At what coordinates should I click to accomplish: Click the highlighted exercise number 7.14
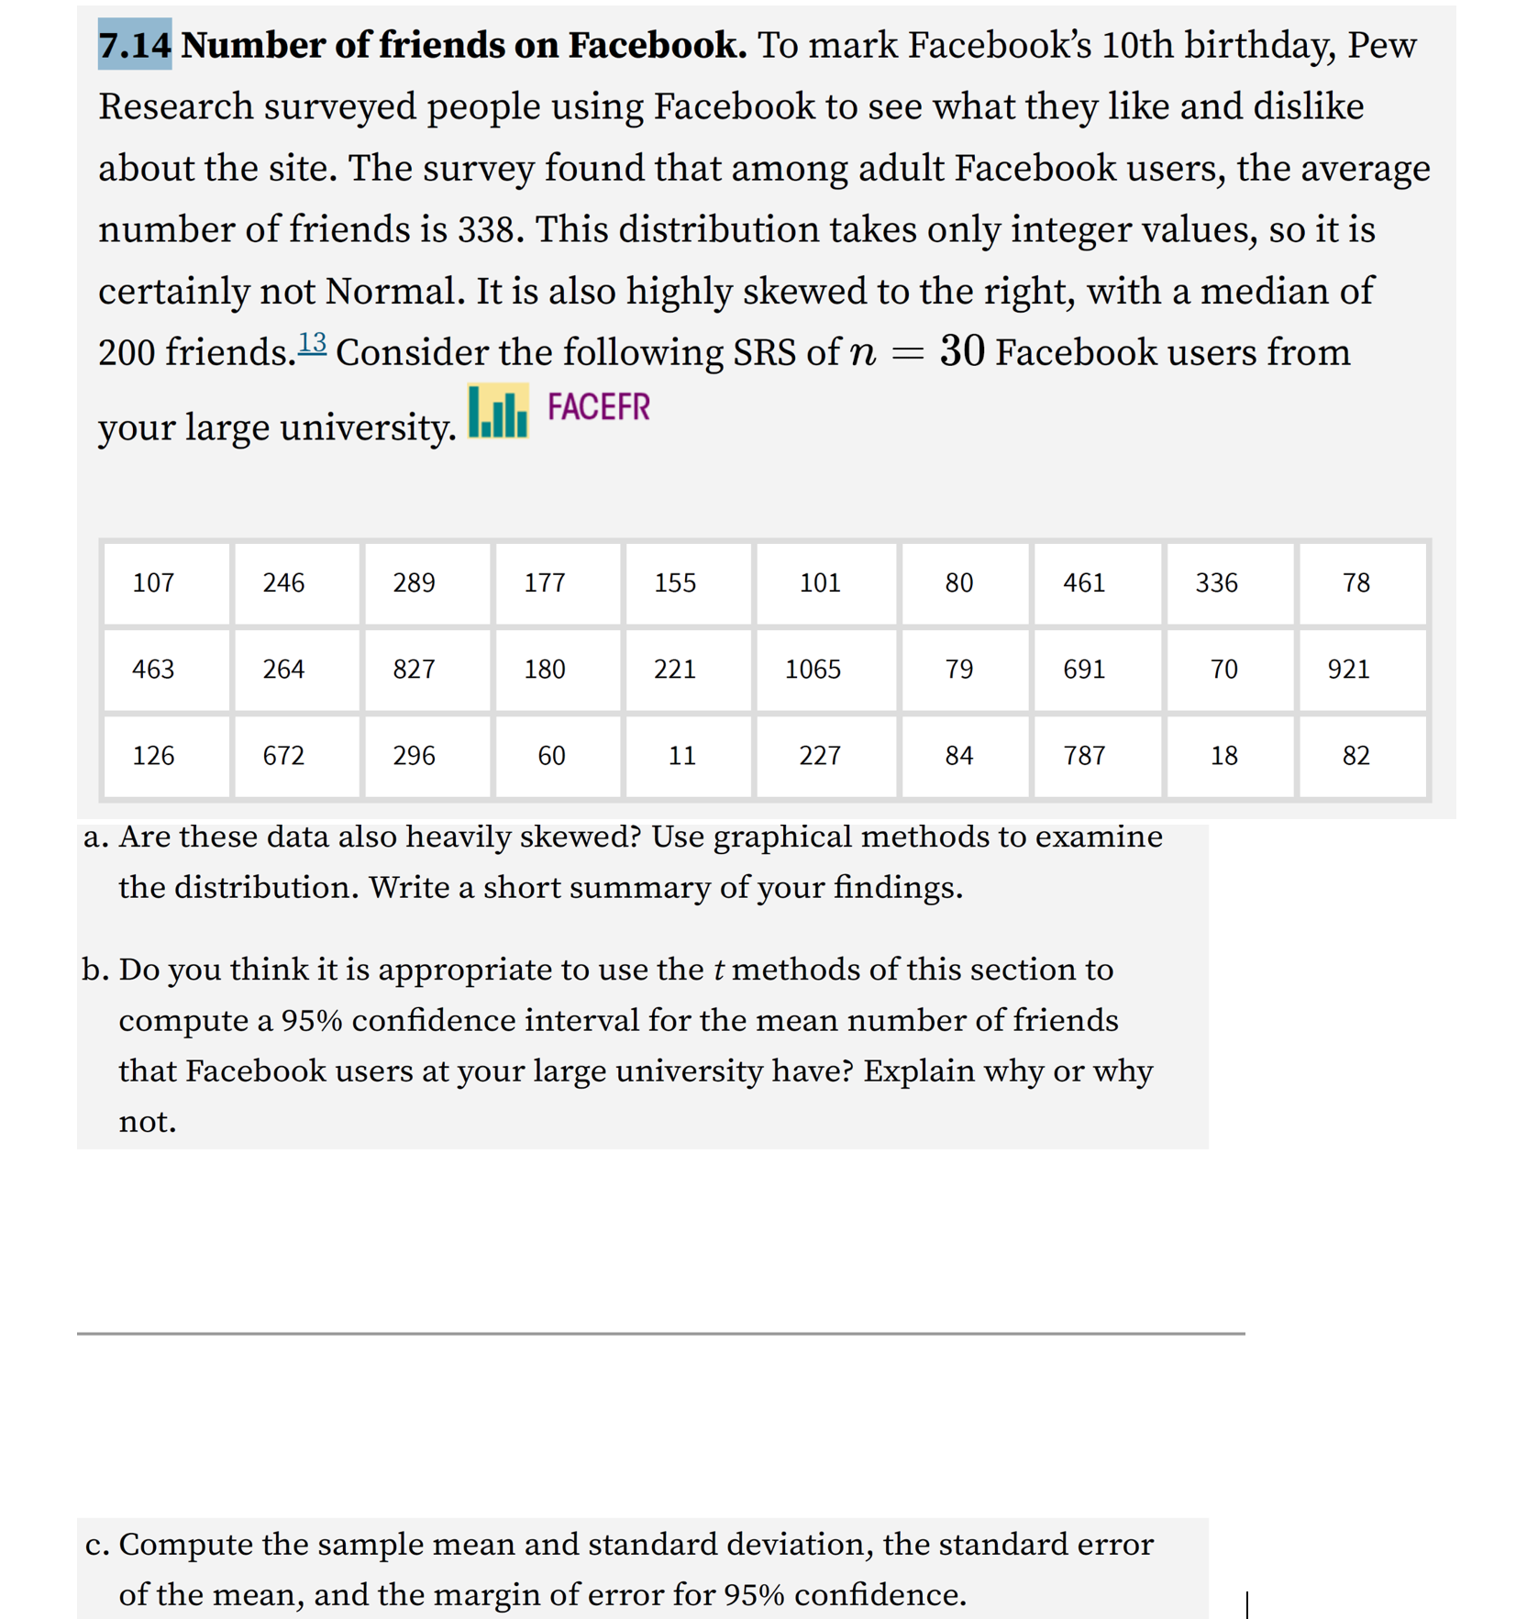(135, 44)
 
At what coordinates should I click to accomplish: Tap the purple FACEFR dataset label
(598, 406)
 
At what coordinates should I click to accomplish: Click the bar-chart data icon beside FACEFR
(498, 412)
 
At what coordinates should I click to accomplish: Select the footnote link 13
(312, 342)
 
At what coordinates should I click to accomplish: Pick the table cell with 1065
(813, 669)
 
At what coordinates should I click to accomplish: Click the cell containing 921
(1348, 669)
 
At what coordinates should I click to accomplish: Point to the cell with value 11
(681, 755)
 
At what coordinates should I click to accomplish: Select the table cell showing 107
(153, 582)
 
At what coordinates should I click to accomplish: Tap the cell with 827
(414, 669)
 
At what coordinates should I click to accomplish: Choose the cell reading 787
(1084, 755)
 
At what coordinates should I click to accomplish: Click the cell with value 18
(1223, 755)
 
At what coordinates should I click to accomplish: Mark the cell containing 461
(1084, 582)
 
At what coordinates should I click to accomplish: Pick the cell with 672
(283, 755)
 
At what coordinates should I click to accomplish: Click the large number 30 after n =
(962, 351)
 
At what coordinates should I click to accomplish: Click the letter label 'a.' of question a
(95, 837)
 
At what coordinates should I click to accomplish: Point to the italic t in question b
(719, 970)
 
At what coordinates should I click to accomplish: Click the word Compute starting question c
(185, 1545)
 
